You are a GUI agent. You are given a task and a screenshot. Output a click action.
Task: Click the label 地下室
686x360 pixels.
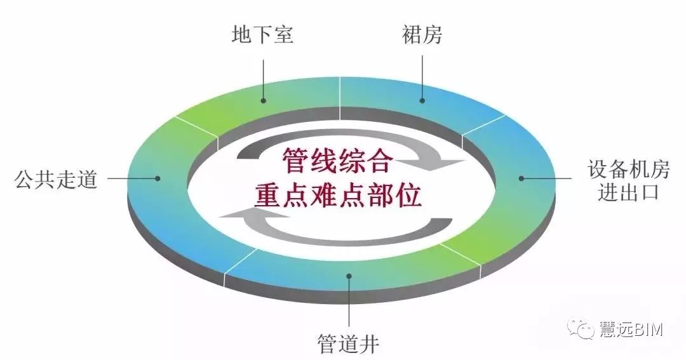262,34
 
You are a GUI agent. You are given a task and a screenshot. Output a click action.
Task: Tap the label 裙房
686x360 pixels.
422,34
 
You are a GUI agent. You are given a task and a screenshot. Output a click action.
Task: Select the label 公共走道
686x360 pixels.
55,179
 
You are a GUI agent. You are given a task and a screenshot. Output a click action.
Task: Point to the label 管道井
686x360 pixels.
348,344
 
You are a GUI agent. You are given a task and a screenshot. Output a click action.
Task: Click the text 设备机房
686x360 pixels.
628,170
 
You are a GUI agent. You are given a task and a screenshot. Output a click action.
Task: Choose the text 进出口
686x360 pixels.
628,192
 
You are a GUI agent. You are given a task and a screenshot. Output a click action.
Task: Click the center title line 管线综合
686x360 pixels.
336,161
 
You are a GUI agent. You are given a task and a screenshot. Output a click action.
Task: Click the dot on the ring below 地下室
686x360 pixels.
264,100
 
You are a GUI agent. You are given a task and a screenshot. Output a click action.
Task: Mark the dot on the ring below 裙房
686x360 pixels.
422,100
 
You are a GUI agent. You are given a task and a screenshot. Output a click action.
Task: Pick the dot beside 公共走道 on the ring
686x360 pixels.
158,178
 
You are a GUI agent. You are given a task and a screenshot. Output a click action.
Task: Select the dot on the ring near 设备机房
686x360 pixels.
521,178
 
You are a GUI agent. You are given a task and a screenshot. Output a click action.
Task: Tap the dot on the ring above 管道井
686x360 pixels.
349,276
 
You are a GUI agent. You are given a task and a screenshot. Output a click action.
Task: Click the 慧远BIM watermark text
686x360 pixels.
631,330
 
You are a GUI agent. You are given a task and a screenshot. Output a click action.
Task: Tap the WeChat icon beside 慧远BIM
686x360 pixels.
581,330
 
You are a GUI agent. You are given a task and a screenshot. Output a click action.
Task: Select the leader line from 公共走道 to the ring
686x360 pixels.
133,178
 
